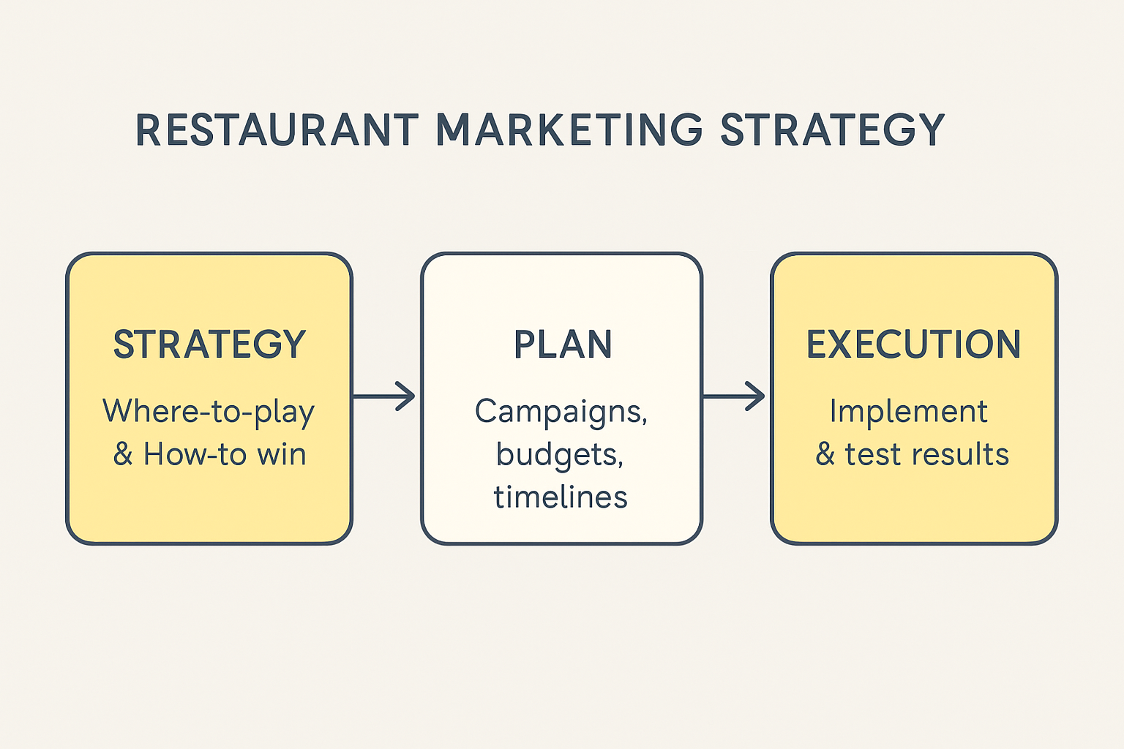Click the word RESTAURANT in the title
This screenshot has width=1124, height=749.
click(x=277, y=130)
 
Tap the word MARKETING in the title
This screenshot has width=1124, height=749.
click(x=569, y=130)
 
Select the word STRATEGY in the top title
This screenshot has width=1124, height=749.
click(x=832, y=130)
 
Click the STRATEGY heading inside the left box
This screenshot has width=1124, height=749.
click(x=209, y=345)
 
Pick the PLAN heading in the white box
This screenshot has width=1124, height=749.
click(x=562, y=345)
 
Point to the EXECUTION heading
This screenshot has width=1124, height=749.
click(x=913, y=345)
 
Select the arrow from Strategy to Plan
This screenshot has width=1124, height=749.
click(x=386, y=396)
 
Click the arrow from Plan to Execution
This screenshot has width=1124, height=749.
click(x=735, y=396)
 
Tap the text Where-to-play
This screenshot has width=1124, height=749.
click(x=209, y=412)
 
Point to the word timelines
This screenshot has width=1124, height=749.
click(x=561, y=497)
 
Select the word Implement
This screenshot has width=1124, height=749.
click(x=908, y=412)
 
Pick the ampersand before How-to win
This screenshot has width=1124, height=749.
click(x=122, y=454)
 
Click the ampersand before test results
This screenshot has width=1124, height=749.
click(x=825, y=454)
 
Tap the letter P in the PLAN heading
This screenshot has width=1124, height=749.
click(x=524, y=345)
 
